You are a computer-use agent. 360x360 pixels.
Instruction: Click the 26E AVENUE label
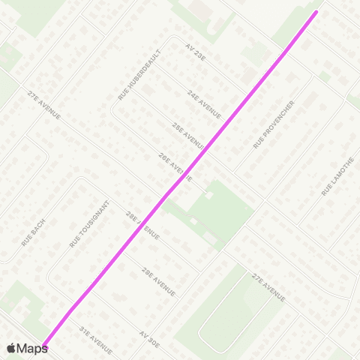tap(175, 168)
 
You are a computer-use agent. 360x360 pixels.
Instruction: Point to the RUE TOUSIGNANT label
tap(89, 224)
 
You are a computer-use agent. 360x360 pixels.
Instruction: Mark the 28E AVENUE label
tap(142, 225)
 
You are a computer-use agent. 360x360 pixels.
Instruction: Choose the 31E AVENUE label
tap(95, 340)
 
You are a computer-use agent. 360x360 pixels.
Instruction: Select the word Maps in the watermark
tap(32, 348)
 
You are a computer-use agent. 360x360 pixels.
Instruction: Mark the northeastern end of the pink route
tap(316, 11)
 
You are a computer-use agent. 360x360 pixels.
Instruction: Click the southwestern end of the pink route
tap(44, 346)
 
